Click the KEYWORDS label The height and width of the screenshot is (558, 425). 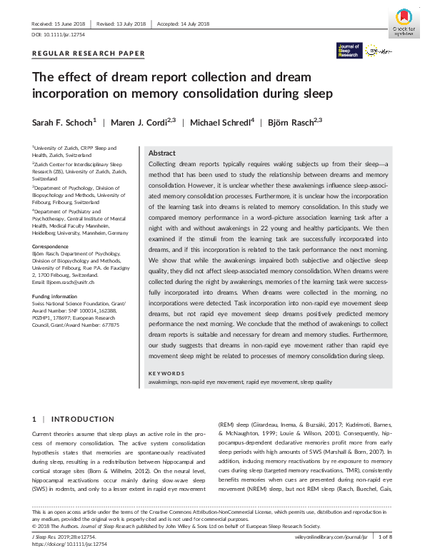click(165, 373)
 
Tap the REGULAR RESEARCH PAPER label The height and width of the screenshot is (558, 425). click(89, 54)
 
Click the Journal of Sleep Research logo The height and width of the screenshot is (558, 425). click(349, 50)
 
